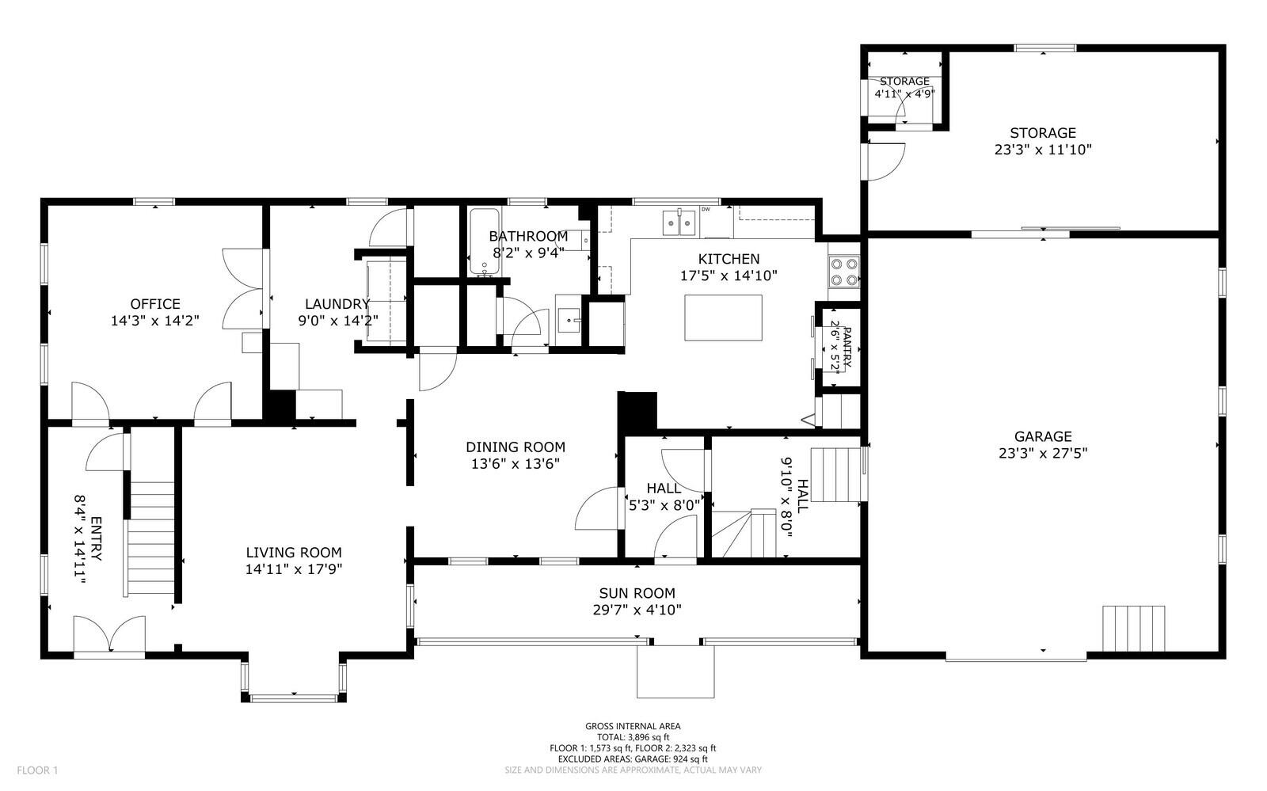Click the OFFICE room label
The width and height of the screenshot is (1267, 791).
[x=155, y=304]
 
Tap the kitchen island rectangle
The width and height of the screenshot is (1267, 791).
[x=723, y=318]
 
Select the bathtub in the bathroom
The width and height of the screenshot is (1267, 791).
[x=485, y=241]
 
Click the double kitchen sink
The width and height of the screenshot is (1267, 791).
[x=679, y=222]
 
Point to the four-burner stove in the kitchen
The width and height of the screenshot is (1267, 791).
[x=844, y=272]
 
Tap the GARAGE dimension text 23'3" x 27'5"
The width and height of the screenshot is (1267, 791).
[x=1043, y=454]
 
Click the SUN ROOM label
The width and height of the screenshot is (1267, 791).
[x=637, y=593]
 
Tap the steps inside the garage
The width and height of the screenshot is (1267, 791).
[x=1134, y=628]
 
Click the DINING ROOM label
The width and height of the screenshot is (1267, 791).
[x=516, y=447]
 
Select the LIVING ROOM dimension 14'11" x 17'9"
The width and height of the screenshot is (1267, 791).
[x=294, y=569]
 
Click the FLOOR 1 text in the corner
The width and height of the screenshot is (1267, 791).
[x=38, y=770]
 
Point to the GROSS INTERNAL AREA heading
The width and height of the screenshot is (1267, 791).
[x=633, y=726]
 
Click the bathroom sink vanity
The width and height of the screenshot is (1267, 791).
[x=568, y=321]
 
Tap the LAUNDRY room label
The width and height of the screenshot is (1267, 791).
[x=337, y=304]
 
